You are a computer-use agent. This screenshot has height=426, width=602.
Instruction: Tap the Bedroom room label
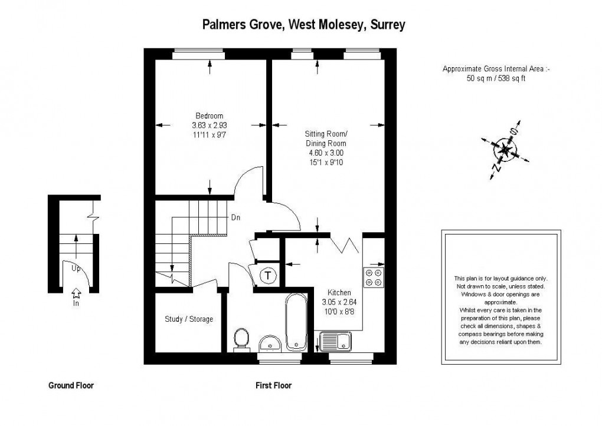tap(210, 115)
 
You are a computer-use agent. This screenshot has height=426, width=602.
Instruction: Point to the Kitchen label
tap(339, 293)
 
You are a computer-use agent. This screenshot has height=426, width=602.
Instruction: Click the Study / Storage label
tap(189, 319)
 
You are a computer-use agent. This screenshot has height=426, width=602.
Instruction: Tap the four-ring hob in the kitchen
tap(373, 277)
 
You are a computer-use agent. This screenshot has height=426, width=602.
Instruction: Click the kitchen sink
tap(335, 340)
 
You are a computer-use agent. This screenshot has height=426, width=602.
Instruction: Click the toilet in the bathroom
tap(241, 339)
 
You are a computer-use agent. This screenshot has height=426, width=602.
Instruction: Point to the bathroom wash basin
tap(271, 342)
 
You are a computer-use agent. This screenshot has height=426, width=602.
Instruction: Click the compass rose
tap(505, 150)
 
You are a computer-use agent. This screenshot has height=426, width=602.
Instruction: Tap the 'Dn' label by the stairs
tap(235, 217)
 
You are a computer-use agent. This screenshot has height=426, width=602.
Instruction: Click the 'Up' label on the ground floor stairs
tap(76, 268)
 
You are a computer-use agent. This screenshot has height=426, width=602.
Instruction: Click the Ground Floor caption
tap(71, 386)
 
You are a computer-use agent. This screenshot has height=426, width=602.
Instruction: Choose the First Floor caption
tap(273, 386)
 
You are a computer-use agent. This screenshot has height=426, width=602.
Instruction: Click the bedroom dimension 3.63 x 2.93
tap(210, 125)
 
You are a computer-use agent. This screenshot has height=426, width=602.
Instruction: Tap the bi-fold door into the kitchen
tap(346, 242)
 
